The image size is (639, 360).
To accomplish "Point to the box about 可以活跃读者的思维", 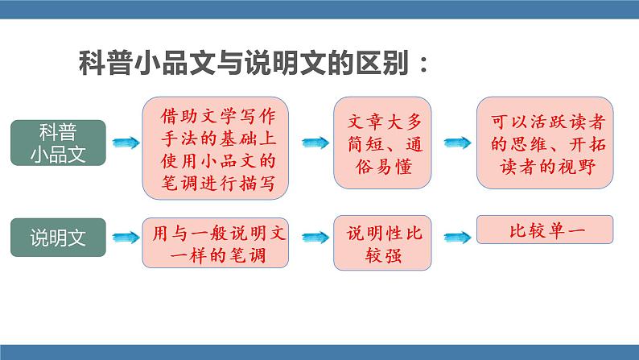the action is pyautogui.click(x=544, y=143).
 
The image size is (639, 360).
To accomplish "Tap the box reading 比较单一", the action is pyautogui.click(x=544, y=230).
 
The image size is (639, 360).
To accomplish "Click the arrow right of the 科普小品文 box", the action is pyautogui.click(x=125, y=143).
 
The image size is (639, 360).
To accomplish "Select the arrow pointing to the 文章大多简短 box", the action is pyautogui.click(x=315, y=143).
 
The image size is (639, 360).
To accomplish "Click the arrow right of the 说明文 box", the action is pyautogui.click(x=125, y=237).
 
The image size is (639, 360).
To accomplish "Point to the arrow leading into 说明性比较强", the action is pyautogui.click(x=315, y=237).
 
